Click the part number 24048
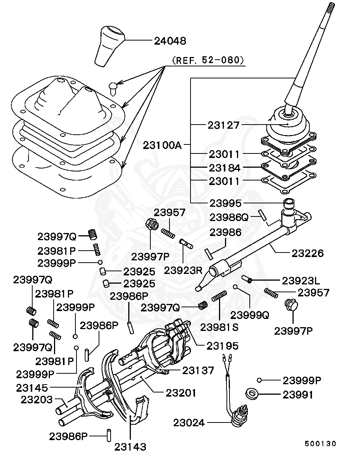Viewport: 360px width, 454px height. point(170,41)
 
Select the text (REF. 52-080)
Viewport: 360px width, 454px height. point(208,60)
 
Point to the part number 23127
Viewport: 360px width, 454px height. point(223,125)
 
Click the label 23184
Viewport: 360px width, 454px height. point(225,168)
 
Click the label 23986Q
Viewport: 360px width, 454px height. point(229,217)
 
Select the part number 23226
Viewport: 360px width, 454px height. point(307,253)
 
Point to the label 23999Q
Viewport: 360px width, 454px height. point(249,315)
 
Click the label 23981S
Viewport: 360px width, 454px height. point(219,327)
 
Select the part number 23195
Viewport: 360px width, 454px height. point(223,345)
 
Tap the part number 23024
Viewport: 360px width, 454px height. point(189,423)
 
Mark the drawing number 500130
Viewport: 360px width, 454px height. point(320,443)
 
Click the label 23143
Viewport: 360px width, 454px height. point(130,446)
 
